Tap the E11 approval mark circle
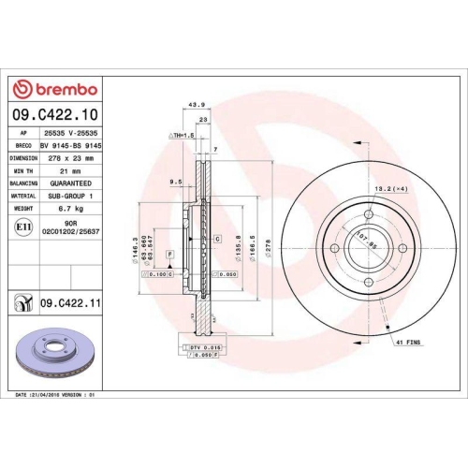coord(22,227)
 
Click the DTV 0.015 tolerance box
coord(199,348)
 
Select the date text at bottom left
coord(55,397)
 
